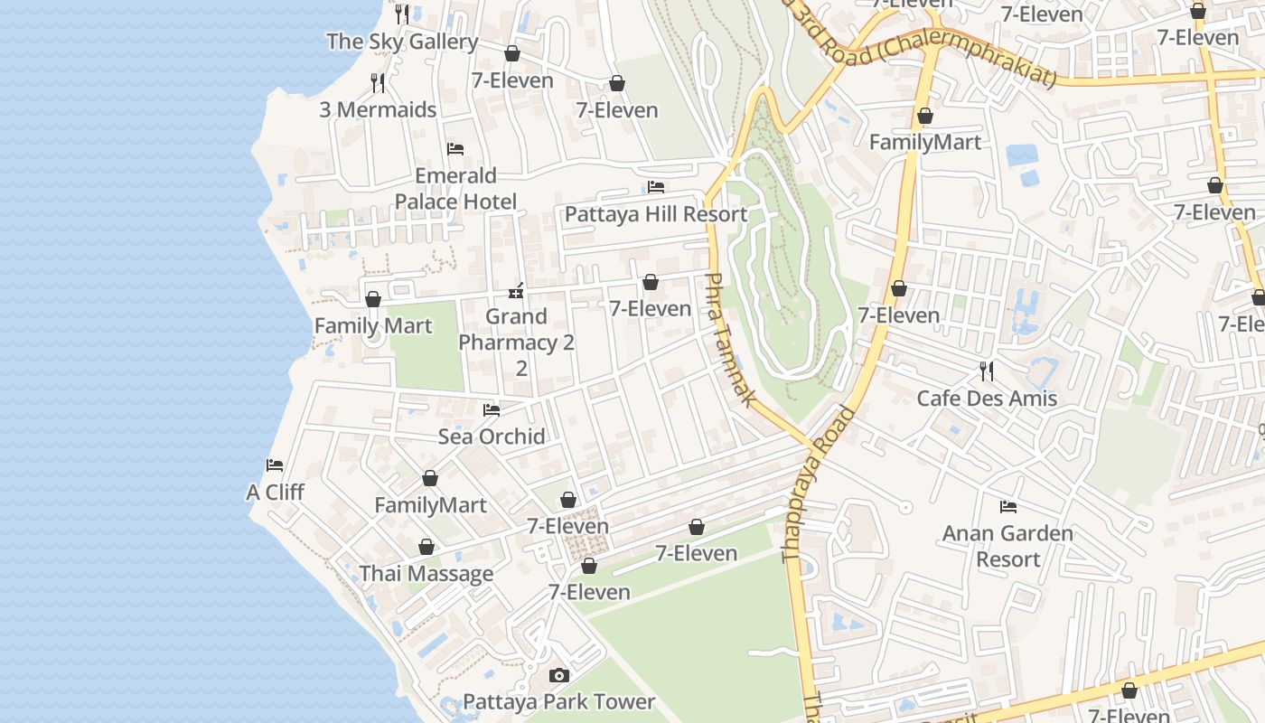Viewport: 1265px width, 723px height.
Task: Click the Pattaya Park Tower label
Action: click(558, 702)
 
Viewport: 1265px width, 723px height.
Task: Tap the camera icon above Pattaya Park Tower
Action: click(559, 675)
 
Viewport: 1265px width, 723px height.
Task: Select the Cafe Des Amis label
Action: click(987, 399)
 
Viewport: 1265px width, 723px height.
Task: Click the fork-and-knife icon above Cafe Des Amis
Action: click(987, 371)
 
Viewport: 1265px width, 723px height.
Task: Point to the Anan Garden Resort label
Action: click(1007, 546)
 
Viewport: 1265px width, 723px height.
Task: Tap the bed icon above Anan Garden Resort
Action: click(1008, 506)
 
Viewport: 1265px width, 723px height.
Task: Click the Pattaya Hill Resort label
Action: click(656, 214)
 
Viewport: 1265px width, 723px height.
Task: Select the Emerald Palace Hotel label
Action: click(455, 188)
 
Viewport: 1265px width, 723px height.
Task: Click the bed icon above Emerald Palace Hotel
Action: click(455, 148)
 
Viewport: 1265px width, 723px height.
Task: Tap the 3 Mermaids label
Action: click(378, 110)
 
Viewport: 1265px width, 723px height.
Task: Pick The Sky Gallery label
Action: click(402, 42)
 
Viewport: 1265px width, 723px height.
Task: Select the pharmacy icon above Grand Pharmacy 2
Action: click(516, 290)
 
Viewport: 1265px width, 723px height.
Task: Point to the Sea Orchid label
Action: click(492, 437)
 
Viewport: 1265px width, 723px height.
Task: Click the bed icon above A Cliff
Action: click(275, 465)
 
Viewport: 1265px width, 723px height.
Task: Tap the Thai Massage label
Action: click(426, 574)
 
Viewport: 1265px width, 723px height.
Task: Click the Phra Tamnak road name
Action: click(728, 340)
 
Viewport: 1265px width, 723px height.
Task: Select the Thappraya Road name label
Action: click(820, 484)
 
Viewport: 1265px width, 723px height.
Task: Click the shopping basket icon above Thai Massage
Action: click(426, 547)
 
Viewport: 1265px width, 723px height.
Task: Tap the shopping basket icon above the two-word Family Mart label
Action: click(373, 298)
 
